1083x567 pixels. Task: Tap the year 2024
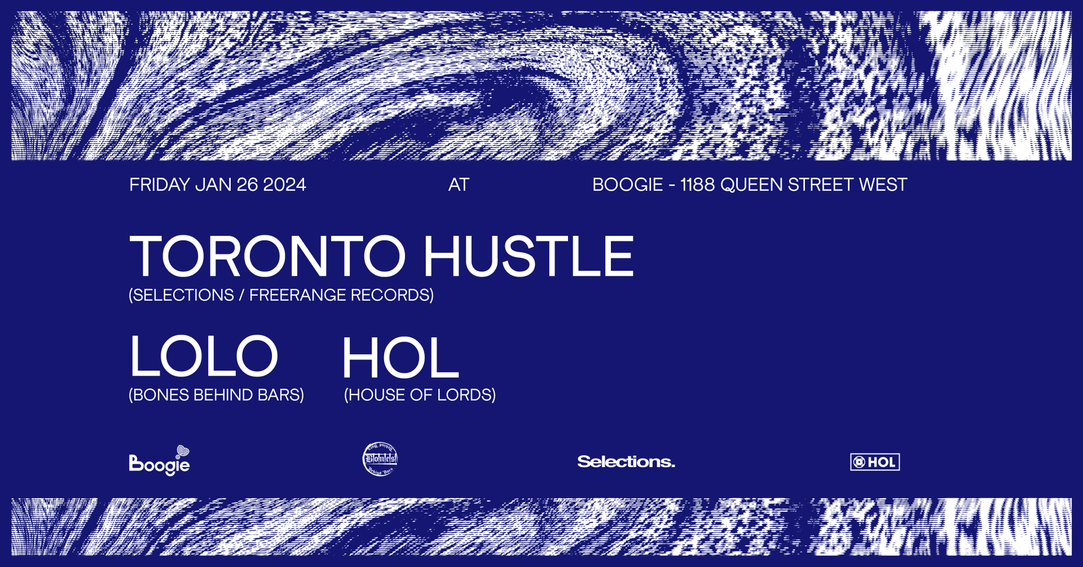pyautogui.click(x=284, y=185)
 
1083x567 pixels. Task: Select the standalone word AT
pyautogui.click(x=459, y=185)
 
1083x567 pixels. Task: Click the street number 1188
pyautogui.click(x=698, y=185)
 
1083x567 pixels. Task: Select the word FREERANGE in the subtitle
pyautogui.click(x=297, y=295)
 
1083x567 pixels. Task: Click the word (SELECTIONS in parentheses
pyautogui.click(x=181, y=295)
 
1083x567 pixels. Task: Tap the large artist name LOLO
pyautogui.click(x=204, y=356)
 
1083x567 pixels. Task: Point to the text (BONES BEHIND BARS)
pyautogui.click(x=216, y=395)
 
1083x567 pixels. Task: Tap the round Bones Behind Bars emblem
pyautogui.click(x=380, y=459)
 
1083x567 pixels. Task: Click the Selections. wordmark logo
pyautogui.click(x=626, y=461)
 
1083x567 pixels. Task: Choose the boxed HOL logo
pyautogui.click(x=875, y=462)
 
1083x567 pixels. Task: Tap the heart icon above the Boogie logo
pyautogui.click(x=183, y=451)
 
